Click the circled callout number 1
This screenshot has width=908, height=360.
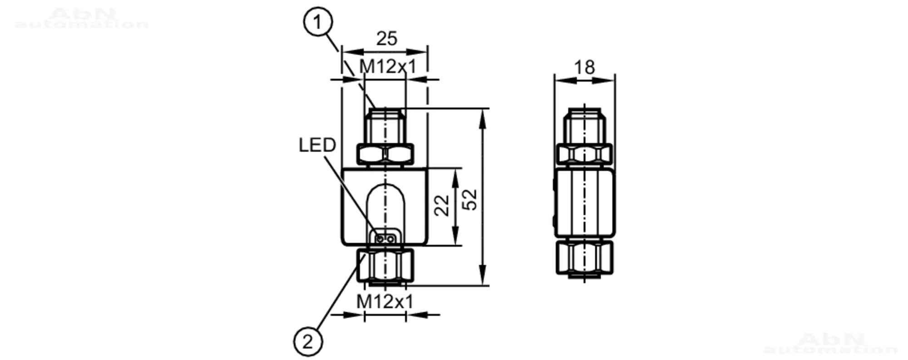click(318, 22)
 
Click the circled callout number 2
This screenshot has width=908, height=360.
click(308, 341)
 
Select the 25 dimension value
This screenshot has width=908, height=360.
click(387, 39)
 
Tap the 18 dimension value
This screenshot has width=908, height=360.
click(584, 68)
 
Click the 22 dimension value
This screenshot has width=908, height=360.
click(442, 205)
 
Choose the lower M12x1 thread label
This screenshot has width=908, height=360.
click(385, 301)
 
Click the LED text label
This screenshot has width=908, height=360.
click(317, 145)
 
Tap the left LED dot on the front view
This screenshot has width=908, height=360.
click(380, 238)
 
